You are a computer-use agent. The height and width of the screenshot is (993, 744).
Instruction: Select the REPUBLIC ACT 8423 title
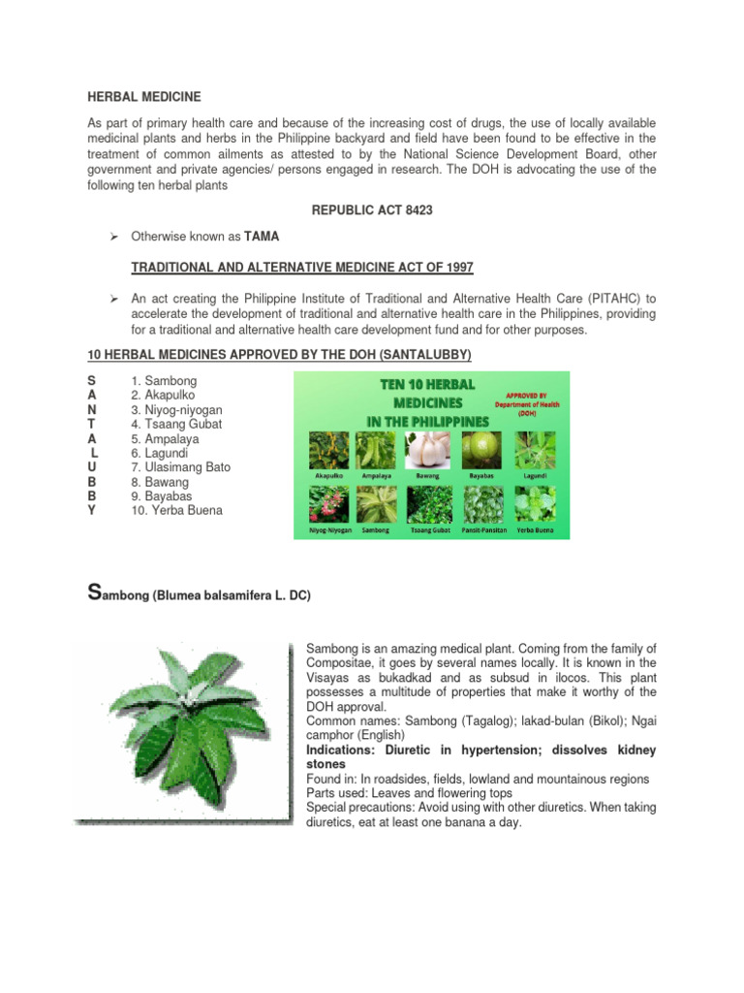(371, 208)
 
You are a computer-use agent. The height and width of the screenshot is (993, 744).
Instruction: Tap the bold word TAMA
(261, 236)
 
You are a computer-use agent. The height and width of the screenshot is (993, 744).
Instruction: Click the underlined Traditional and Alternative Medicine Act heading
(302, 268)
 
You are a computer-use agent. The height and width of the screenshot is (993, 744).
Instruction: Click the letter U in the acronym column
(91, 467)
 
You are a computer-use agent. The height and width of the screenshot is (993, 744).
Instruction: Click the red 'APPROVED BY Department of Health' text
(530, 402)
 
